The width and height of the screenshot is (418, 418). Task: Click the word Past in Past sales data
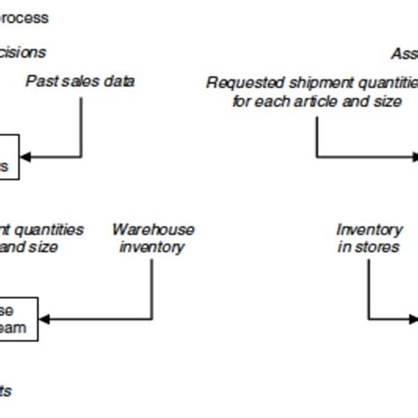pos(40,82)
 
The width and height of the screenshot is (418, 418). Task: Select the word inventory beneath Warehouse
pos(153,247)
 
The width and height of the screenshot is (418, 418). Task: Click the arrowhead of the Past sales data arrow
pos(26,157)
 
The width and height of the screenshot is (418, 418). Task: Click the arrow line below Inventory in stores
pos(369,291)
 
